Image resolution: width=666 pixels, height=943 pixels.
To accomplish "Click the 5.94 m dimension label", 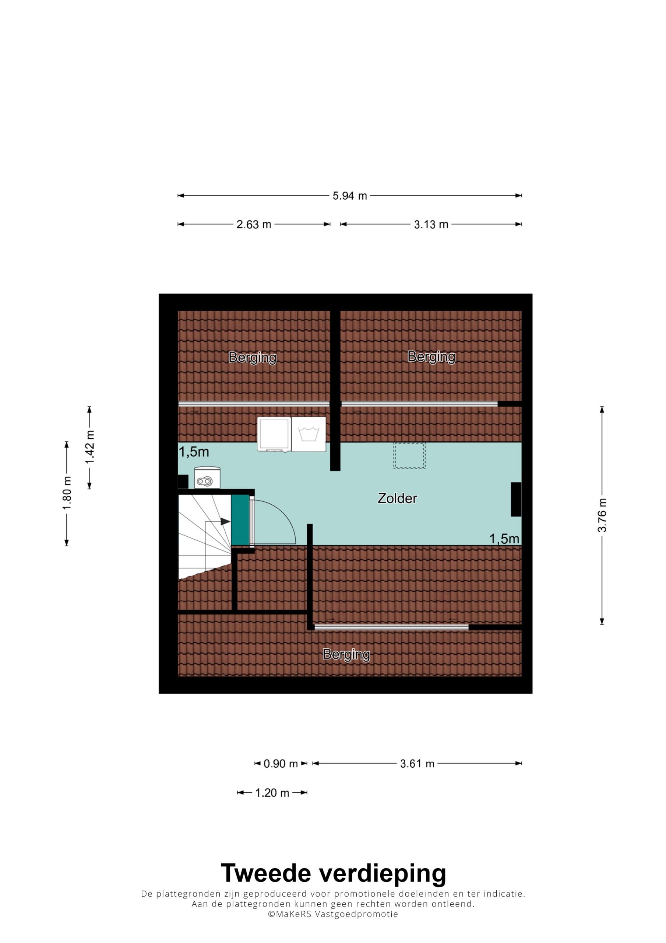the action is point(349,196).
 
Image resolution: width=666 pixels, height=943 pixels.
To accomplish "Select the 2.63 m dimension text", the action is point(254,225).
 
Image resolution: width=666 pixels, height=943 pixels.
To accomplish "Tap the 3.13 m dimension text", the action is point(431,225).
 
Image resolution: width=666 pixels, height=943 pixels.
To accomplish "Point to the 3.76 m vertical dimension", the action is point(602,515).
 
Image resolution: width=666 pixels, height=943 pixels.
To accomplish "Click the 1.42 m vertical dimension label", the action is point(89,447).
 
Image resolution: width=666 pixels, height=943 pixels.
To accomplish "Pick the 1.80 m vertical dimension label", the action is point(67,493).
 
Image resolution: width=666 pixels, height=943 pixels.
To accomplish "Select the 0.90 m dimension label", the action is point(281,764).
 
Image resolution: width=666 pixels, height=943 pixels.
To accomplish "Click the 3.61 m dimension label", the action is point(417,764).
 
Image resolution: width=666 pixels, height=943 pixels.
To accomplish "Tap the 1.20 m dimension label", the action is point(272,793).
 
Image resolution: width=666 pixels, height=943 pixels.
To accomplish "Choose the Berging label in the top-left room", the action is point(253,358).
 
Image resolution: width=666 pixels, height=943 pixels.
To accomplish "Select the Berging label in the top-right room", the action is point(431,357).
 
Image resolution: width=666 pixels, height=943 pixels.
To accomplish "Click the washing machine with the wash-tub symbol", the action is point(309,435).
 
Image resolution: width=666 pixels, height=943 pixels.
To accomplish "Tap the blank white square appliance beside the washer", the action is point(274,434).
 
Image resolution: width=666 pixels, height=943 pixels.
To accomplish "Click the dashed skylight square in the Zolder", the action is point(409,456).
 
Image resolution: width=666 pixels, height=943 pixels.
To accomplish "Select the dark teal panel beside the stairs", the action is point(240,520).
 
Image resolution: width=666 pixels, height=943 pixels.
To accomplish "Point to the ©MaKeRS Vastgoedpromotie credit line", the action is point(333,914).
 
